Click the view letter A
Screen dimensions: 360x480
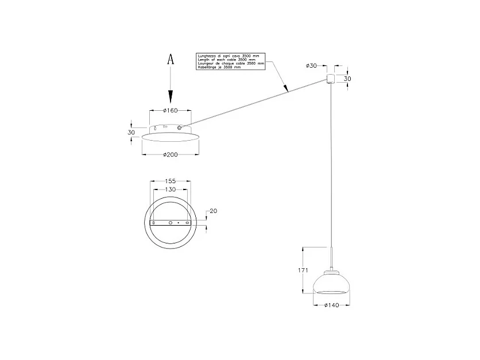170,60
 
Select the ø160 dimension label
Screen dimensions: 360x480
169,110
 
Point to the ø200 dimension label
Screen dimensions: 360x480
169,154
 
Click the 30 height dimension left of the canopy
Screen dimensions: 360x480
131,133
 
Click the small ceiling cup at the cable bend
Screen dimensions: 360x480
331,79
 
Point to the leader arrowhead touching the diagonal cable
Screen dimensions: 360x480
287,90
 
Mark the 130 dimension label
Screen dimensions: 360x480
170,189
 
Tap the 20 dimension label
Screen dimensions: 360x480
214,211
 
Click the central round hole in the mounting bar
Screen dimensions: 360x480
170,222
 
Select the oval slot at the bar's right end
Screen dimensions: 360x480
187,222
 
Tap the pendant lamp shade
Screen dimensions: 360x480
331,283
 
